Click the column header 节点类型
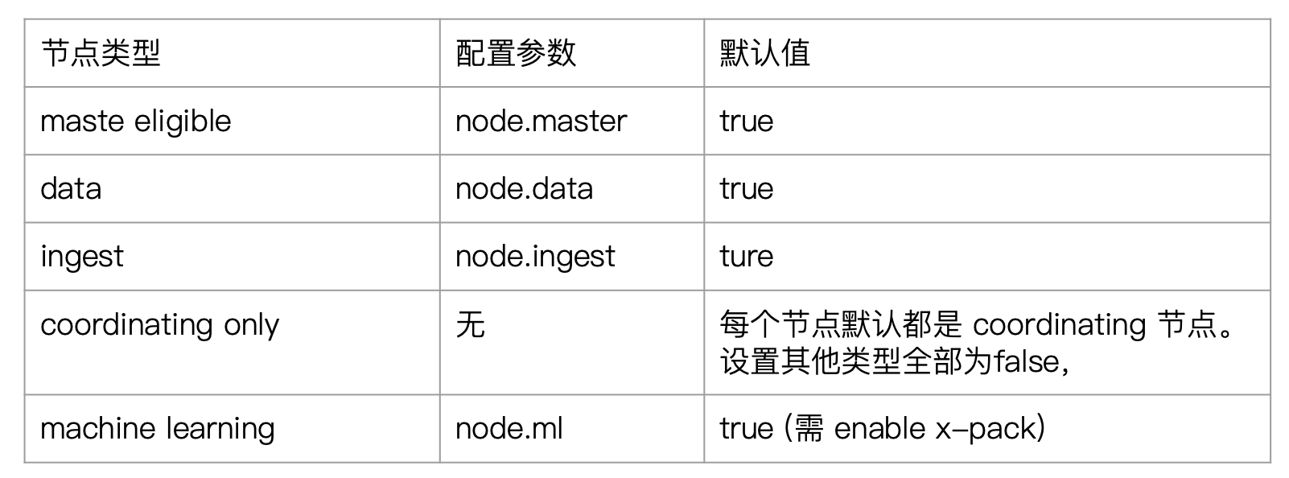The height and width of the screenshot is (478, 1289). point(101,53)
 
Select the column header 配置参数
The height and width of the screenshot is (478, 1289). point(516,53)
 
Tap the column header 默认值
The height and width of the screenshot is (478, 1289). point(764,53)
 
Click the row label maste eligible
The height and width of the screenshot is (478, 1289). point(136,122)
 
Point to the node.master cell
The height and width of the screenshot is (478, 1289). point(541,122)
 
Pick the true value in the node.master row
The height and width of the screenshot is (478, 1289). point(747,122)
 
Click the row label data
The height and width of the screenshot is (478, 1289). point(71,188)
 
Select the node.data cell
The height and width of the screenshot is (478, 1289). point(524,188)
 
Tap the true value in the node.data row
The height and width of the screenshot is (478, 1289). point(747,188)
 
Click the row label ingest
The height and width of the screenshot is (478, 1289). point(82,257)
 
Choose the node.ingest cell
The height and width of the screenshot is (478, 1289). point(535,257)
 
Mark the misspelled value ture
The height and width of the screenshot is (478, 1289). point(747,257)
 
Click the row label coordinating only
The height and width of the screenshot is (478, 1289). point(159,325)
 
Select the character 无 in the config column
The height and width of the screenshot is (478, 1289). point(470,324)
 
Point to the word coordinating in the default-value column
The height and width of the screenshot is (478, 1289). point(1060,325)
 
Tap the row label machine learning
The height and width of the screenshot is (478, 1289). point(157,429)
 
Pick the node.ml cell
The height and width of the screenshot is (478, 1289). point(509,429)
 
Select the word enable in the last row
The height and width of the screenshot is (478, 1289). point(880,429)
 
